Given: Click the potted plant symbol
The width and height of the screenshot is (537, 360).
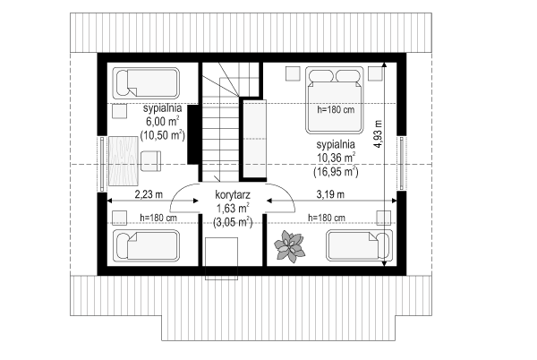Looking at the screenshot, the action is click(289, 246).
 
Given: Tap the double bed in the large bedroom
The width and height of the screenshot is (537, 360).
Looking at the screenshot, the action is click(334, 99).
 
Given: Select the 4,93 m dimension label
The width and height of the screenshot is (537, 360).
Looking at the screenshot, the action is click(378, 134).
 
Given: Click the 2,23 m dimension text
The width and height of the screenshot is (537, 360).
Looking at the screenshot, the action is click(149, 194).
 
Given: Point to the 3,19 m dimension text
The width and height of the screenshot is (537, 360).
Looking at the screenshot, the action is click(330, 194).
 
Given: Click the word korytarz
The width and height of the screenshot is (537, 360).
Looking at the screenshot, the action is click(233, 195).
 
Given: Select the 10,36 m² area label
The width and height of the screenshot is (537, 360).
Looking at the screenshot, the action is click(336, 158).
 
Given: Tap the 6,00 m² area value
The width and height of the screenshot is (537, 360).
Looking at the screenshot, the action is click(163, 122).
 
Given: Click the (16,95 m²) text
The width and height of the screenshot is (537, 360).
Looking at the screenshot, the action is click(336, 172).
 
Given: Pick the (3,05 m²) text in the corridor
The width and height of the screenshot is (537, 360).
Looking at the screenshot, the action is click(233, 222).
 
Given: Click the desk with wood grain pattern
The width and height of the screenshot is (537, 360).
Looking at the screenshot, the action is click(124, 161).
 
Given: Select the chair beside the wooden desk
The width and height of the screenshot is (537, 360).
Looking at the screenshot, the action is click(150, 161).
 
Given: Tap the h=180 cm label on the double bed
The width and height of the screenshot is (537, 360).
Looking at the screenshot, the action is click(336, 110).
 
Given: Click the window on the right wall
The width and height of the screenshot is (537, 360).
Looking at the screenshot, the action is click(402, 163).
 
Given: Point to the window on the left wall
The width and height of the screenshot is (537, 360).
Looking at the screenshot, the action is click(102, 164).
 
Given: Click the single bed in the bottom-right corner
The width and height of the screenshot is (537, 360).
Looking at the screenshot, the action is click(359, 245).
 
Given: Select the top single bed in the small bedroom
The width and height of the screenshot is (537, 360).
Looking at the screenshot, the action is click(146, 82).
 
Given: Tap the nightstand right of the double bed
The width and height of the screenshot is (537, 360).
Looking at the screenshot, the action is click(375, 73).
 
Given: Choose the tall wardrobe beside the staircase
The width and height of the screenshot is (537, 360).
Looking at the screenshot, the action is click(254, 139).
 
